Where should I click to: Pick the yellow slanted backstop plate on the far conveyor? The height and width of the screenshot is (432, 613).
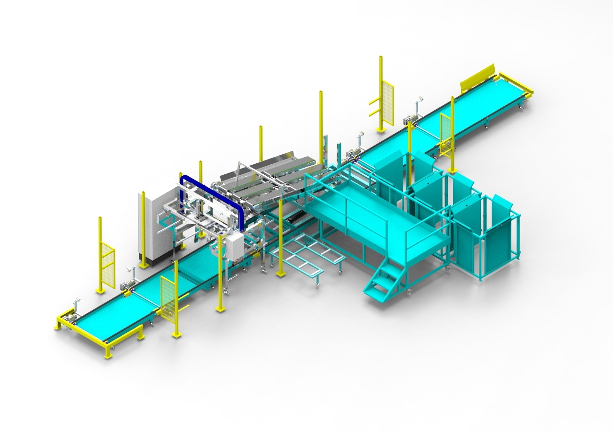pyautogui.click(x=477, y=79)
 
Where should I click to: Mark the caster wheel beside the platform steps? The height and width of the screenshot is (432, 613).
pyautogui.click(x=408, y=291)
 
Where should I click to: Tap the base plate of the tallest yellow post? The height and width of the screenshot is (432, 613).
pyautogui.click(x=381, y=129)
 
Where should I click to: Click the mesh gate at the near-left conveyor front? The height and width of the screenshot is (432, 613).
pyautogui.click(x=168, y=297)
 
